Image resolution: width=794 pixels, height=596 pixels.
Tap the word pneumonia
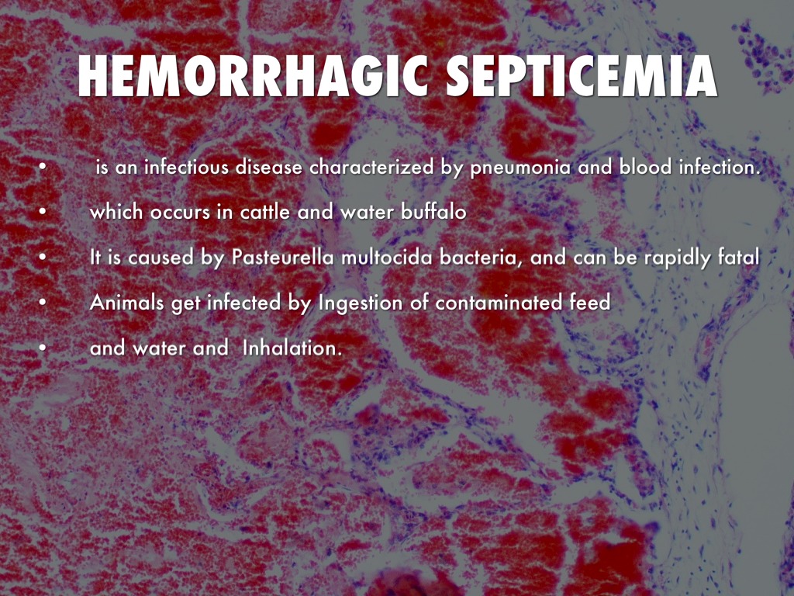(x=520, y=168)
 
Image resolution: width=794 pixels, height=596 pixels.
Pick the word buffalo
(x=433, y=211)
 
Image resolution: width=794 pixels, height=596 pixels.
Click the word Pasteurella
(x=282, y=257)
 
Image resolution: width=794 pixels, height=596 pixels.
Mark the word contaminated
(x=499, y=303)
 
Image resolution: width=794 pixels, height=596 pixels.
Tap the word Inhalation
(x=292, y=348)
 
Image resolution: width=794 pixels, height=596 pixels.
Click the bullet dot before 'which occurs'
(x=43, y=212)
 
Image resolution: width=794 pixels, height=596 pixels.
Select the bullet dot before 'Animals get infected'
(x=43, y=303)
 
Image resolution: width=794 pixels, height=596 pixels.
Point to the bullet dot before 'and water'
(x=43, y=348)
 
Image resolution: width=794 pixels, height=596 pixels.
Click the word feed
(x=590, y=302)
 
